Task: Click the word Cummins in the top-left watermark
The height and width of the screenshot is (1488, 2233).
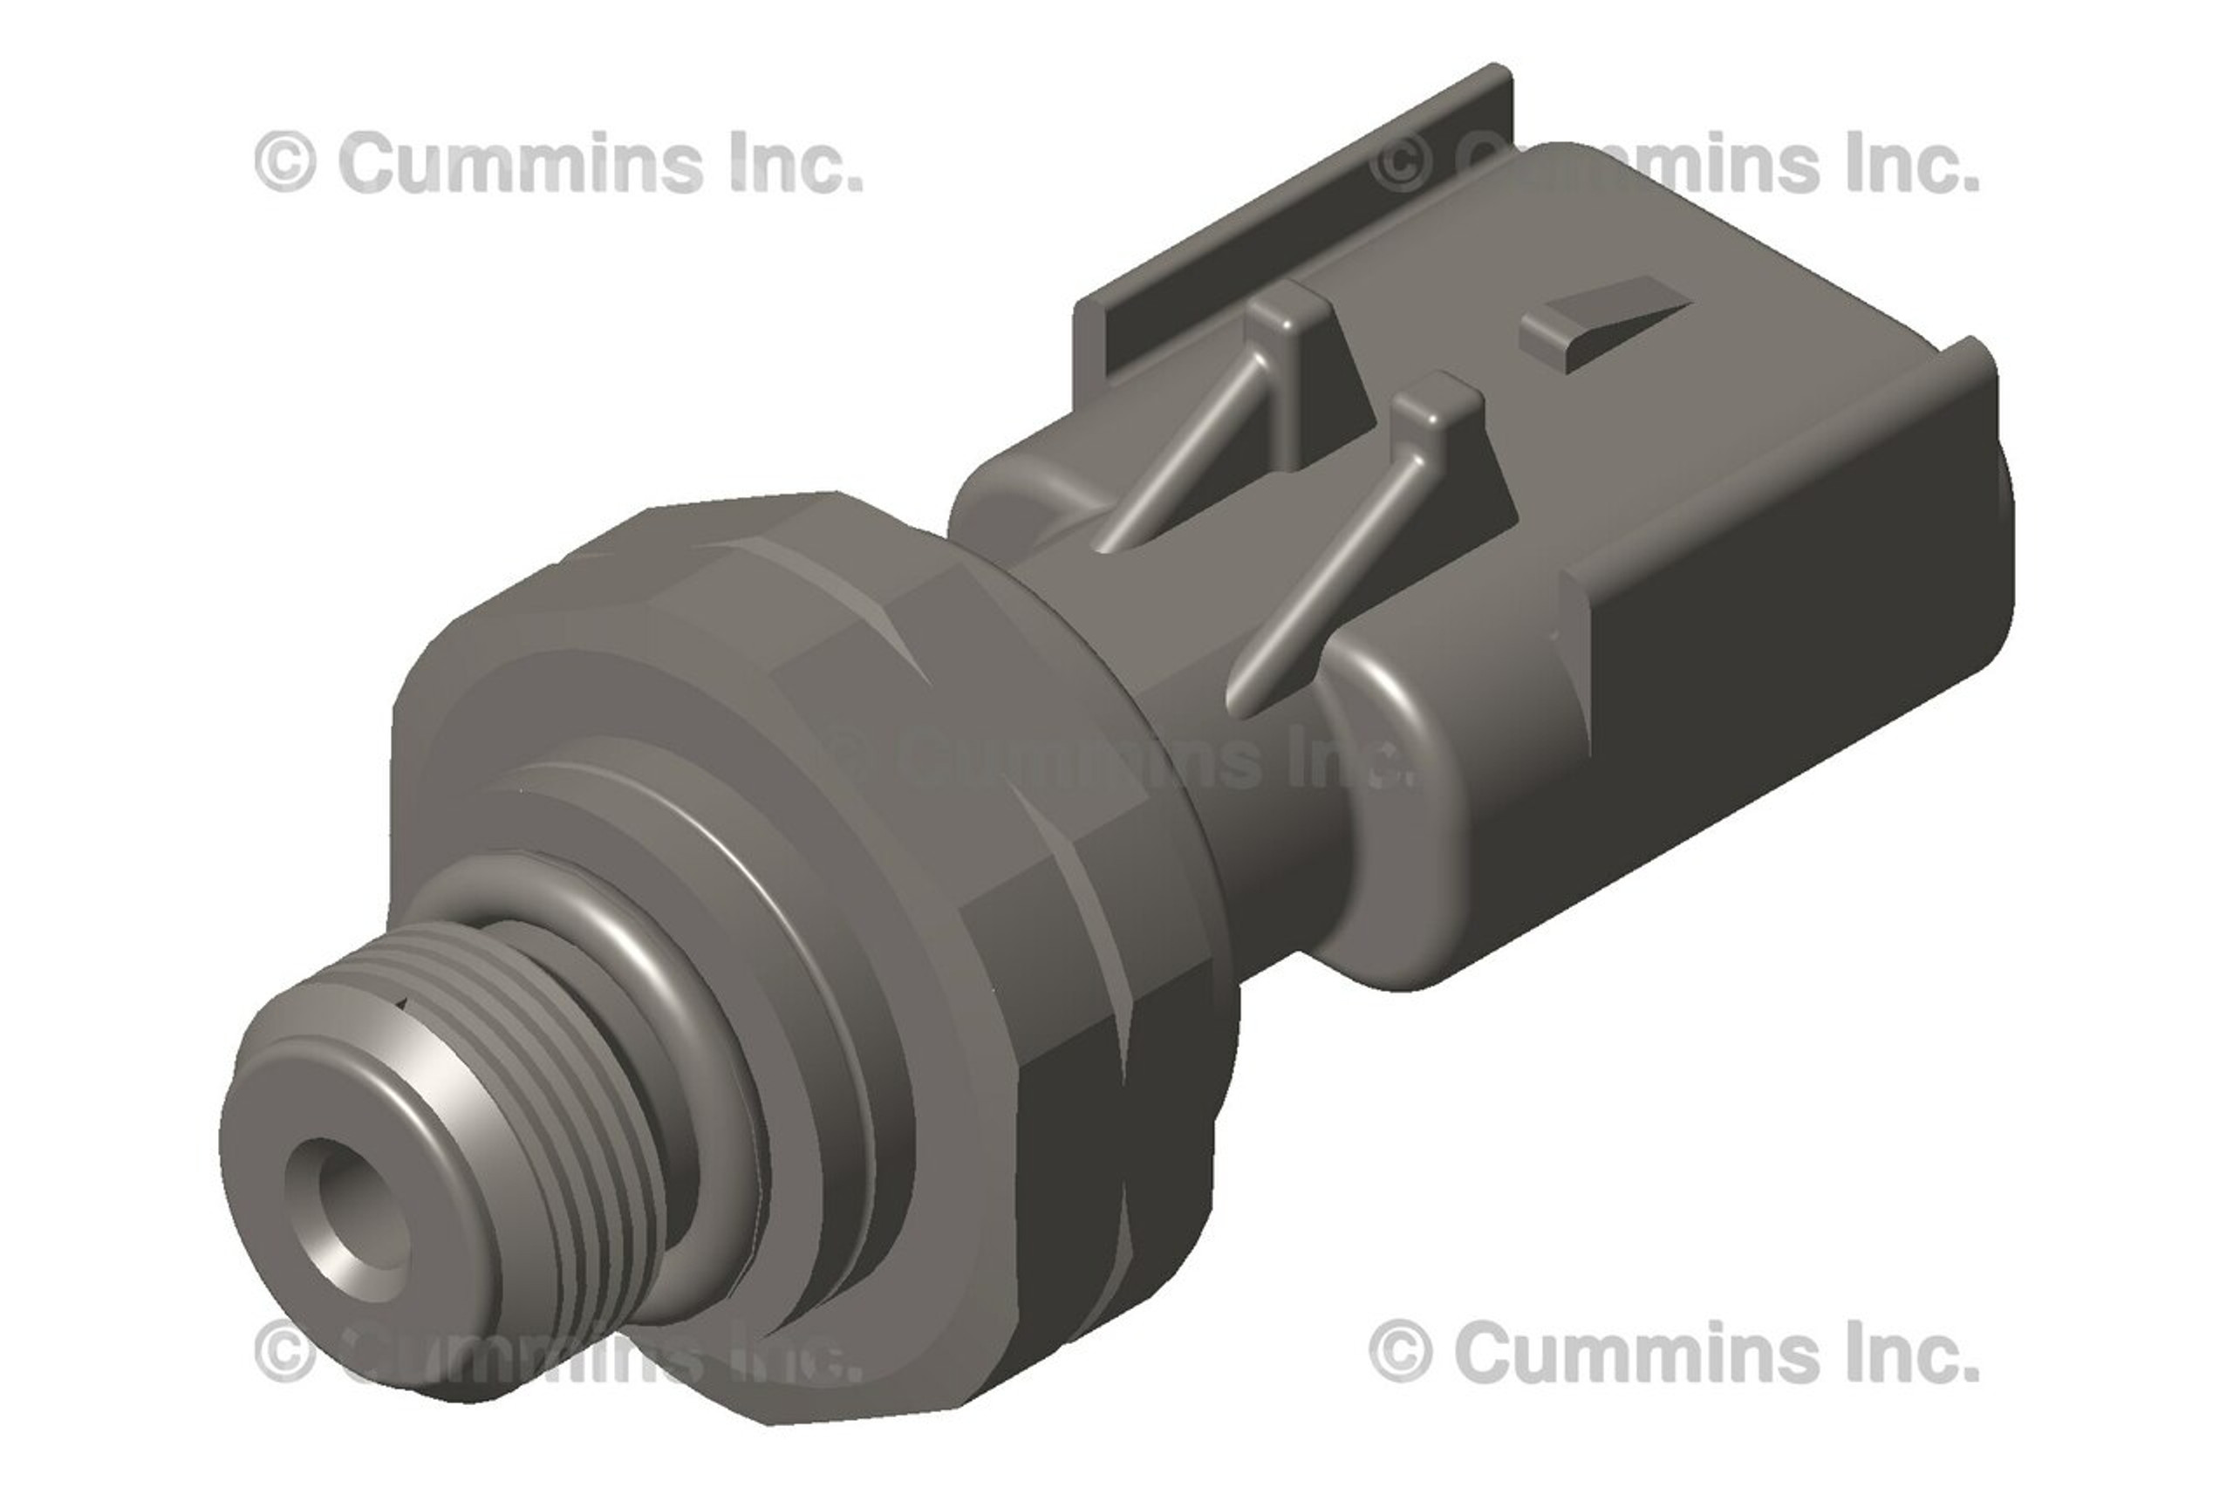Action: tap(521, 162)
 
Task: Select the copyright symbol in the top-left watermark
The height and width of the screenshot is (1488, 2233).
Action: tap(284, 162)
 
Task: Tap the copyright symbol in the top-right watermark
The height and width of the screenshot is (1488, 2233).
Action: tap(1401, 162)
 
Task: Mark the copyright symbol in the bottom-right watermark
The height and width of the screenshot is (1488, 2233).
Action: tap(1401, 1350)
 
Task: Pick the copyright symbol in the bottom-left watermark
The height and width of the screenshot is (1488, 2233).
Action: tap(284, 1350)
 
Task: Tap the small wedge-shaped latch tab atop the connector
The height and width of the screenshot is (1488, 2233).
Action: tap(1604, 327)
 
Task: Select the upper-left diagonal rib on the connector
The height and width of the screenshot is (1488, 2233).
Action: tap(1186, 455)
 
